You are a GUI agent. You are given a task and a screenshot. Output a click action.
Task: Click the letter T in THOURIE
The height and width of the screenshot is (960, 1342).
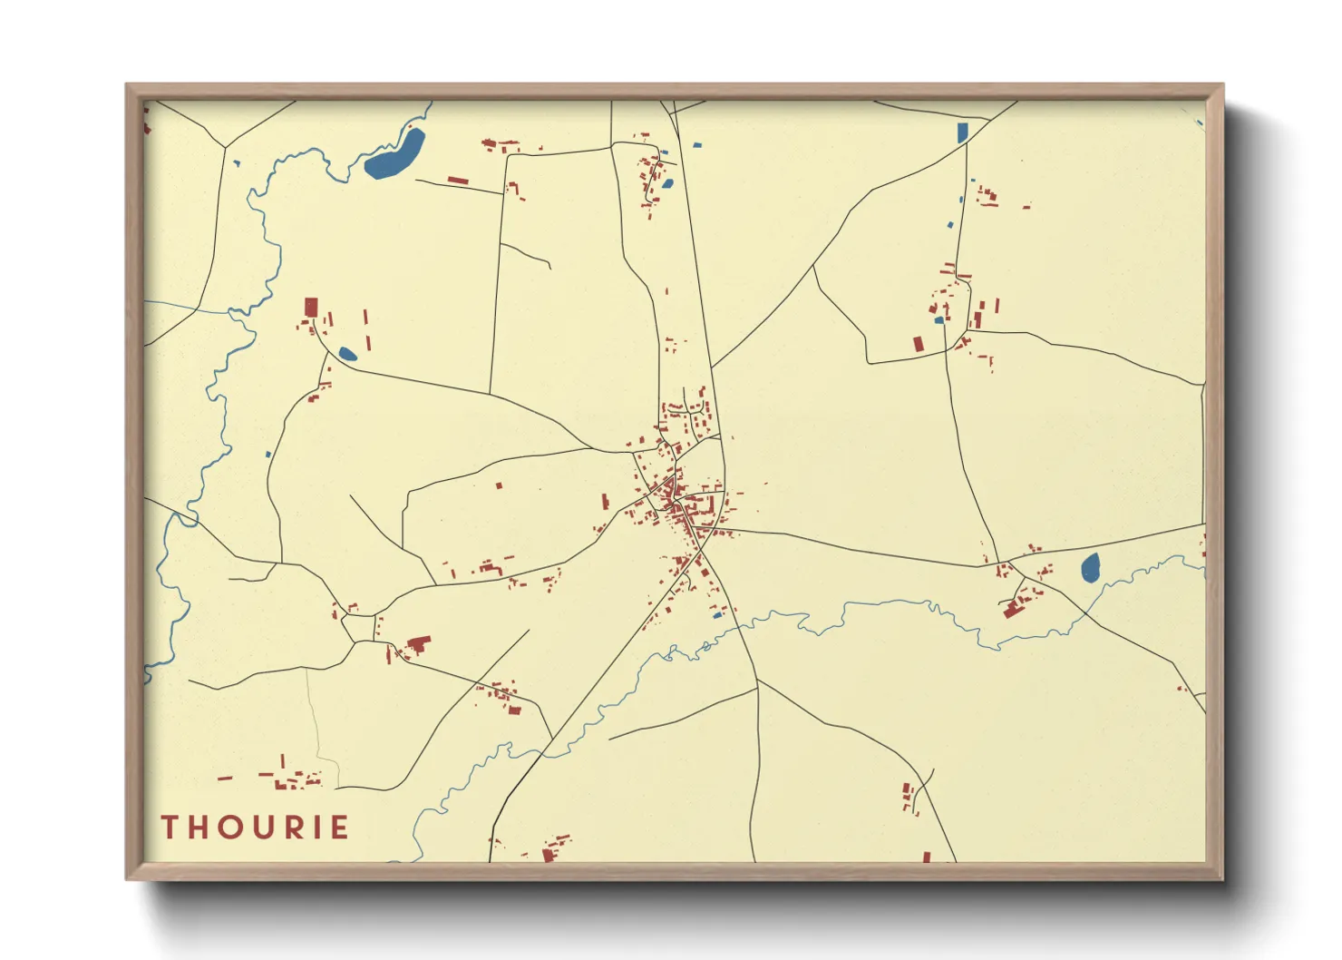click(x=170, y=828)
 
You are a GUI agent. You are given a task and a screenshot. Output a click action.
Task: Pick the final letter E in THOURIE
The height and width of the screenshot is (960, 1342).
click(x=340, y=828)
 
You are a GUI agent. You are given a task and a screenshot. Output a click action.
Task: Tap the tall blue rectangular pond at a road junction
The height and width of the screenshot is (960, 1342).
click(x=962, y=132)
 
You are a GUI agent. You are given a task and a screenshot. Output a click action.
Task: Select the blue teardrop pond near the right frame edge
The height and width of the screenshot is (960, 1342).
click(x=1090, y=568)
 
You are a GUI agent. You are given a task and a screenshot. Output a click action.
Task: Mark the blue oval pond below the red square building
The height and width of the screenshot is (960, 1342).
click(x=347, y=354)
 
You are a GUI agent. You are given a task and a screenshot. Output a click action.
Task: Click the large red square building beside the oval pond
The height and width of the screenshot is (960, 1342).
click(x=311, y=307)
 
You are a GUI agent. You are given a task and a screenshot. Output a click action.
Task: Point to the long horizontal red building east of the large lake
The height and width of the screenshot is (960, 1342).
click(x=458, y=181)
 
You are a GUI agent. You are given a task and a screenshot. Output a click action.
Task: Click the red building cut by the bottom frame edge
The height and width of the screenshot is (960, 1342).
click(x=548, y=855)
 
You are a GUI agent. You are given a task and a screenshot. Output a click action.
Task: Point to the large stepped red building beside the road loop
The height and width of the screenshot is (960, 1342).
click(x=417, y=645)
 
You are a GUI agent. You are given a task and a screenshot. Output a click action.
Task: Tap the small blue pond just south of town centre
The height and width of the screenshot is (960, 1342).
click(x=717, y=615)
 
